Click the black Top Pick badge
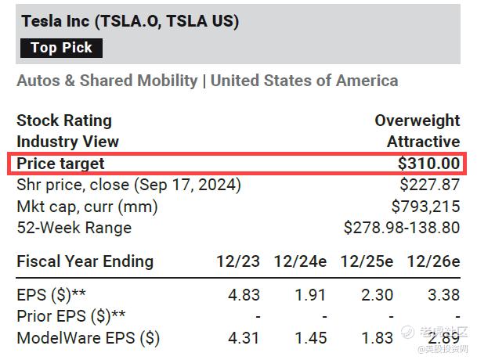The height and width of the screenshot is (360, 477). tap(61, 48)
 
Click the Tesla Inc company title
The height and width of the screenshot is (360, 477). tap(130, 21)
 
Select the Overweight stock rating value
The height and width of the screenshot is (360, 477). tap(417, 121)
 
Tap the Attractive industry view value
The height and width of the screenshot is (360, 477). tap(423, 142)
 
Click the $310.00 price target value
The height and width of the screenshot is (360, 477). tap(428, 164)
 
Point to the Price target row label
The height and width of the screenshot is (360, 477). tap(60, 164)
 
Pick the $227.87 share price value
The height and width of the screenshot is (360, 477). tap(429, 185)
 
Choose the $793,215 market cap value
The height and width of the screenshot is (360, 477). tap(425, 207)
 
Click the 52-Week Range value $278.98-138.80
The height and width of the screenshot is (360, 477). tap(402, 228)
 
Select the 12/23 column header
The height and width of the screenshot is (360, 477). tap(237, 261)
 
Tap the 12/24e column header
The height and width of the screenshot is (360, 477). tap(300, 261)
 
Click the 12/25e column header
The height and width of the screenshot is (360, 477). tap(367, 261)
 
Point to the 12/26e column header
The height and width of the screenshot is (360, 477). tap(433, 261)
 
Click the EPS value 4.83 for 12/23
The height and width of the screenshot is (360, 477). tap(243, 297)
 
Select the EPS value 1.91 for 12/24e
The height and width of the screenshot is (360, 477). tap(311, 297)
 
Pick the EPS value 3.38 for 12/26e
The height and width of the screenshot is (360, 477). tap(443, 297)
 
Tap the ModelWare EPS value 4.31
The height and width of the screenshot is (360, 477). tap(243, 339)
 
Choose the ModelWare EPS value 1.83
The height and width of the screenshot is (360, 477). tap(378, 339)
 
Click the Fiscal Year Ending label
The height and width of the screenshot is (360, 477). tap(85, 261)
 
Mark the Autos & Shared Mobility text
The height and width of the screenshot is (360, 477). tap(107, 81)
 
